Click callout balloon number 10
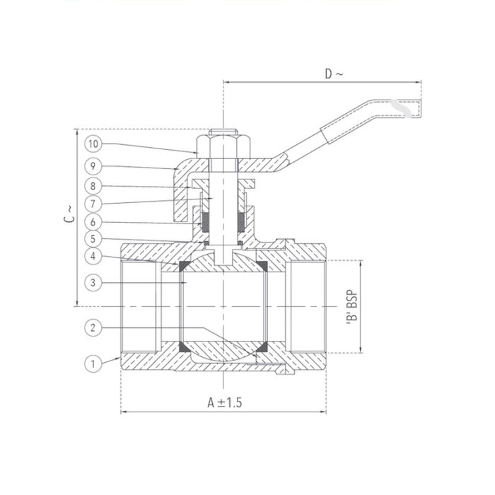coord(93,144)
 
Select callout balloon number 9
coord(93,165)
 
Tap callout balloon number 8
coord(93,186)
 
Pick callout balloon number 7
coord(93,204)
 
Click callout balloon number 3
coord(93,283)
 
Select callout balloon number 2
coord(93,327)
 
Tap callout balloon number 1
coord(93,364)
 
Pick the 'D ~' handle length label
coord(332,74)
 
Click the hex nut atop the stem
coord(223,144)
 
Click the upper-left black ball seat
coord(185,266)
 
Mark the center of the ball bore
coord(223,306)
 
